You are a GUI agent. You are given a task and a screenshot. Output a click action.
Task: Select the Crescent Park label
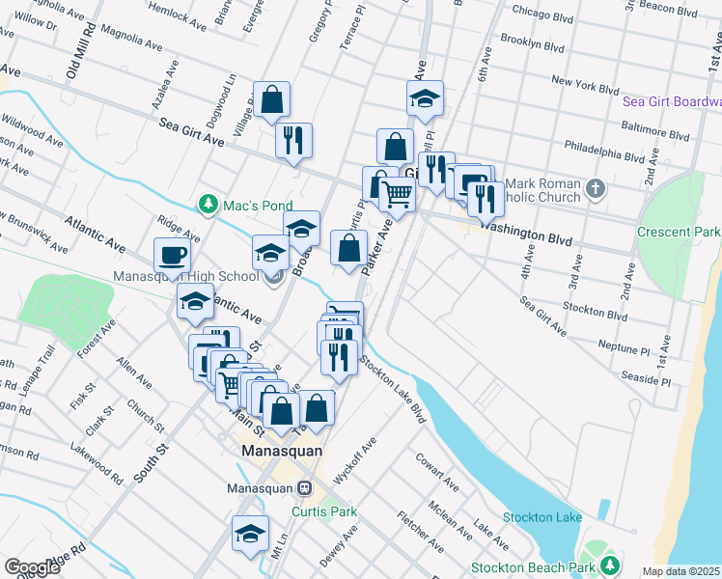679,232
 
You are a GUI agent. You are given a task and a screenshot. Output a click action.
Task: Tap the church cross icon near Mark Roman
596,187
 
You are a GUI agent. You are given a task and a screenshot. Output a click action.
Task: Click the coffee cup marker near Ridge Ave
172,256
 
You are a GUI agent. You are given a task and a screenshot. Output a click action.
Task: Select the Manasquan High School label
186,277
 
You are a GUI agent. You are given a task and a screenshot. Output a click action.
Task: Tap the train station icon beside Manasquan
304,488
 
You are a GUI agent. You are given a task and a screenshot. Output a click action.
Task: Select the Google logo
31,567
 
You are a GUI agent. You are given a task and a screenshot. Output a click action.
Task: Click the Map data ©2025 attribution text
680,571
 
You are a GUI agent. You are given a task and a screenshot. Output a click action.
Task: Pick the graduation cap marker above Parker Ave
425,98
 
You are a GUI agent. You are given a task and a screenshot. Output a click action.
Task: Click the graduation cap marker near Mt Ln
250,534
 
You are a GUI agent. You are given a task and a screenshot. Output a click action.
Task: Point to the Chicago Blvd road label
551,13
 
